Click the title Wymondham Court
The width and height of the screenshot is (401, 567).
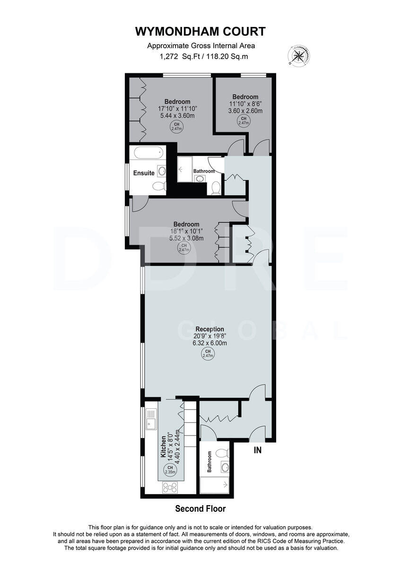tap(200, 32)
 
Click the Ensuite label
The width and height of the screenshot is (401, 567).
tap(143, 173)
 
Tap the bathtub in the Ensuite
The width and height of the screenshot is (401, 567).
tap(147, 153)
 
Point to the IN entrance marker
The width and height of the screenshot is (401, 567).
tap(257, 450)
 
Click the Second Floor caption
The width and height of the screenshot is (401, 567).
tap(200, 509)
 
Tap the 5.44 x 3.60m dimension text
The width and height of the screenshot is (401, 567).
tap(177, 115)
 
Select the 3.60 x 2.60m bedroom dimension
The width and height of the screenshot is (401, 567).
tap(245, 111)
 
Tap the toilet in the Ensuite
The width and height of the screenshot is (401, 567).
tap(159, 186)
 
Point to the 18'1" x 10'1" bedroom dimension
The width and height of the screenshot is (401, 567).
tap(186, 232)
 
